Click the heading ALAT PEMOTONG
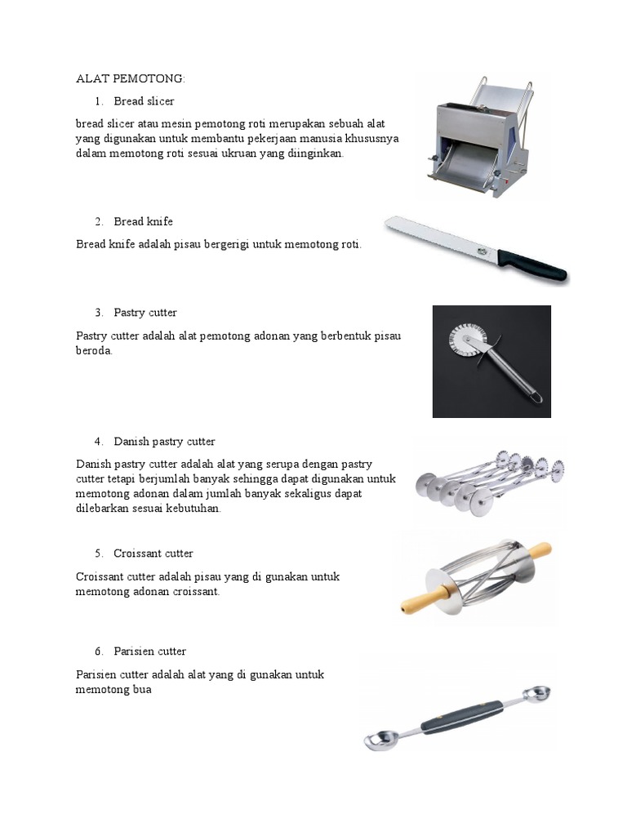[131, 78]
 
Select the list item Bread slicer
[144, 101]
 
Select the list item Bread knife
[143, 221]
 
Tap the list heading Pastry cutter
[145, 313]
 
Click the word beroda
[94, 350]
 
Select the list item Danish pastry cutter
[164, 442]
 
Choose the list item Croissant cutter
[153, 554]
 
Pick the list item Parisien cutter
[150, 651]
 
